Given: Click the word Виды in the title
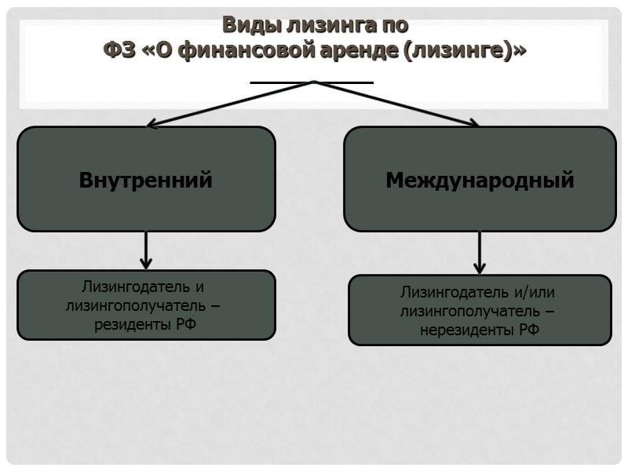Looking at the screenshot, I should coord(245,25).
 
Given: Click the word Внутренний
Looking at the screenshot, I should coord(146,180).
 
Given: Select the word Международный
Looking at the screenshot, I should coord(480,181).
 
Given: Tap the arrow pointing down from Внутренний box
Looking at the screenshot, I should coord(146,250).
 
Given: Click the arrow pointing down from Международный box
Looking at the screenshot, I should coord(480,253).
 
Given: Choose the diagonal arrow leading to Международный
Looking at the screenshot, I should coord(396,104).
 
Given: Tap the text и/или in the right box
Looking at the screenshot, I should coord(535,293).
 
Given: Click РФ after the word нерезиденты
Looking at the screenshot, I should coord(529,330).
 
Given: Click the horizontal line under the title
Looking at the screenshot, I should coord(312,82).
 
